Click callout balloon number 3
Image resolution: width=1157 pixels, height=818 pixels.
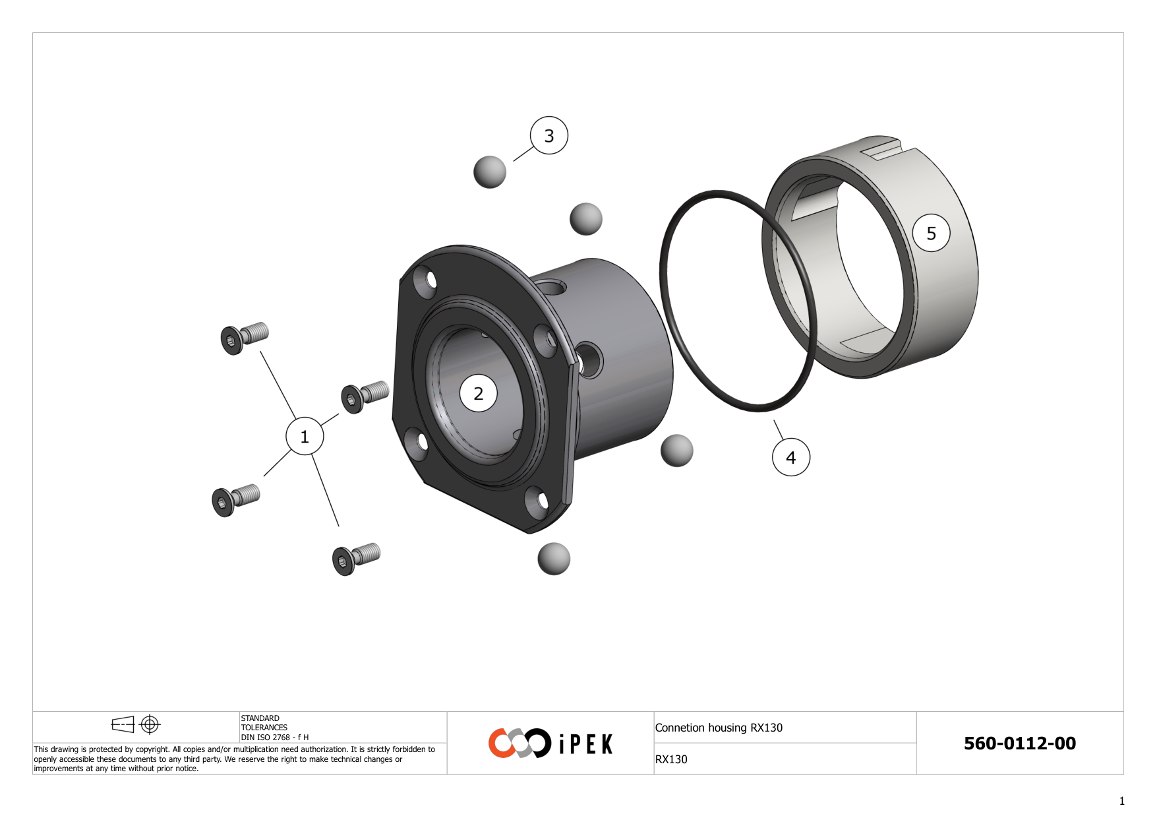(549, 135)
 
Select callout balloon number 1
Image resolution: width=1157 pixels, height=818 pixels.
(304, 436)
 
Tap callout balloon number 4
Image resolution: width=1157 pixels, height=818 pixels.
(790, 456)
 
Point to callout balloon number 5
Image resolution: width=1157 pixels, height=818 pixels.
(931, 233)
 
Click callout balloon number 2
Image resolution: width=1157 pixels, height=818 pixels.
(478, 393)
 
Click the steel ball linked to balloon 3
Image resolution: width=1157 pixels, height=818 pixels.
(489, 172)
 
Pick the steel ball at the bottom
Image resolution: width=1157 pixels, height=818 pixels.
(553, 559)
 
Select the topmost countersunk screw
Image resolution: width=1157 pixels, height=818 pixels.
(243, 338)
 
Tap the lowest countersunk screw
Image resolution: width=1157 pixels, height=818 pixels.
(355, 559)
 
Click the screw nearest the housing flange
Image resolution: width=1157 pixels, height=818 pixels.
(364, 396)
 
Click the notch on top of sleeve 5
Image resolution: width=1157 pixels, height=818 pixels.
(880, 148)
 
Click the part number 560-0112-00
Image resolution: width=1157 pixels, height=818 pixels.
(1019, 743)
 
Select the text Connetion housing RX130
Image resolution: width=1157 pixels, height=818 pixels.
(719, 728)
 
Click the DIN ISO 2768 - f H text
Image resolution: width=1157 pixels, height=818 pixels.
(274, 738)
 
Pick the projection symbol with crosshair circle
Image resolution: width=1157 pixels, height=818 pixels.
(150, 724)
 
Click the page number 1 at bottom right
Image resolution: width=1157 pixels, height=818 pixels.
(1121, 801)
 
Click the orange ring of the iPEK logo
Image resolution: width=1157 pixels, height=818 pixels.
(501, 743)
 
